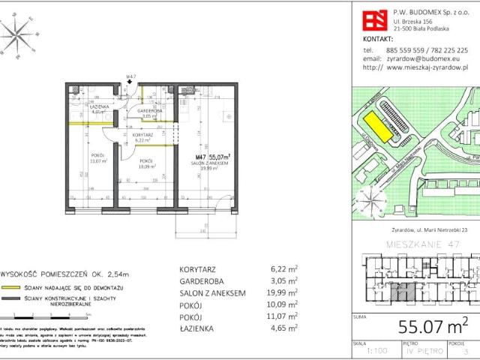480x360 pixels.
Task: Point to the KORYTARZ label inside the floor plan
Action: click(145, 135)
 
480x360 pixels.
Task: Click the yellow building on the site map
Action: click(383, 127)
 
